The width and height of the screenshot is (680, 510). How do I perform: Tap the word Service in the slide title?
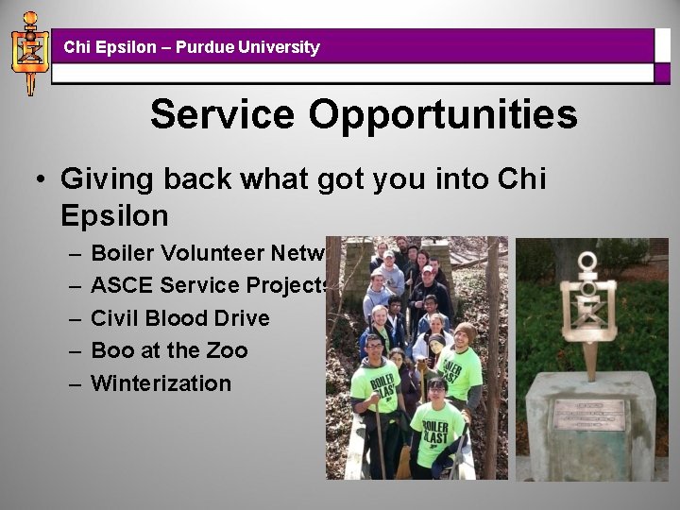(223, 115)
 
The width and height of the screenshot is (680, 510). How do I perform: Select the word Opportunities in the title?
(442, 115)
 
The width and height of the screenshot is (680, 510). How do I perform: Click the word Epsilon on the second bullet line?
(114, 215)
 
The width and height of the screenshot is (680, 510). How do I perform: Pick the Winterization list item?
(161, 383)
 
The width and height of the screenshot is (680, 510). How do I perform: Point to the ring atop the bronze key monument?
(587, 262)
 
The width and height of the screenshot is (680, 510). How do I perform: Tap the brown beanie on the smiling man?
(464, 330)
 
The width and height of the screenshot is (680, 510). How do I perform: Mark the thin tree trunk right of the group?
(491, 359)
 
